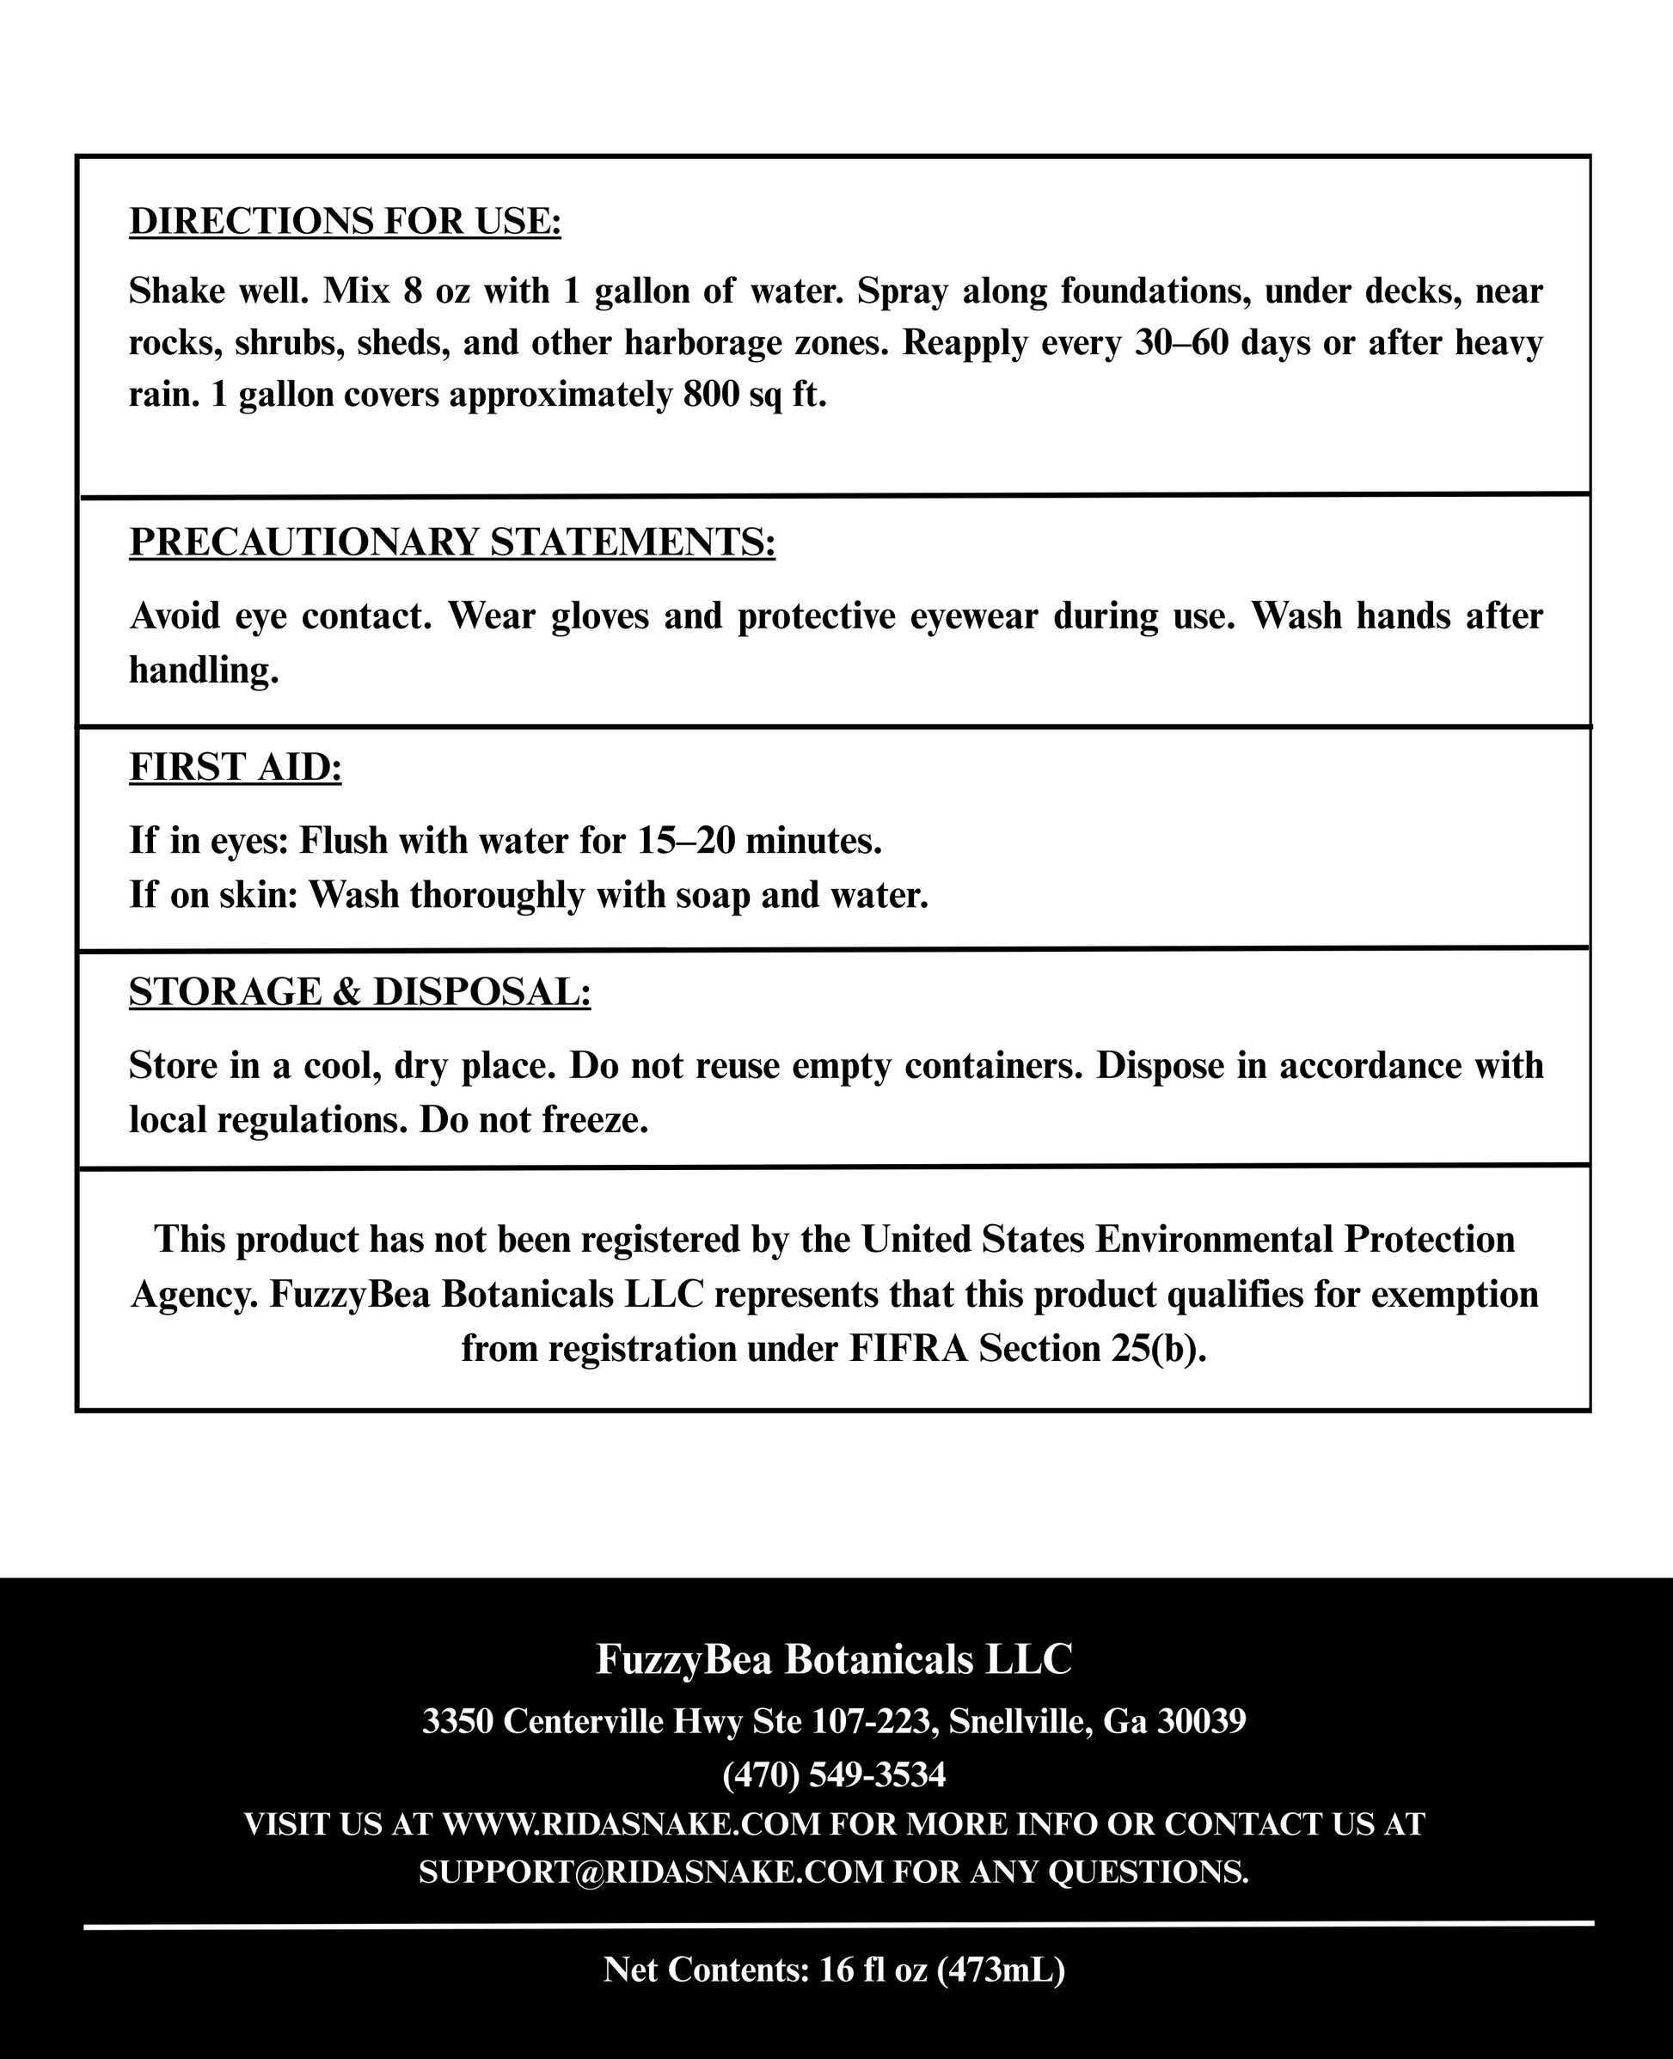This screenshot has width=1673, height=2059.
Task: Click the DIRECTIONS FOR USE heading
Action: pos(344,222)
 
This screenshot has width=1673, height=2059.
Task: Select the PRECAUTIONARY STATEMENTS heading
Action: pos(452,542)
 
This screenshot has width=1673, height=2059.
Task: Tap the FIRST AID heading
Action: pos(236,767)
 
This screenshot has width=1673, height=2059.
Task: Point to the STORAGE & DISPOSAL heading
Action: pos(359,992)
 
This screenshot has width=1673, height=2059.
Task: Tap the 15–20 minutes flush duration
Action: pos(759,841)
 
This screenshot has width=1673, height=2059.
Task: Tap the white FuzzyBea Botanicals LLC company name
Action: pos(834,1658)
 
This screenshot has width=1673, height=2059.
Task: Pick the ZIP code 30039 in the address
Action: pos(1201,1721)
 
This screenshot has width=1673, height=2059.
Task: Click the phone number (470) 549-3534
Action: pos(834,1774)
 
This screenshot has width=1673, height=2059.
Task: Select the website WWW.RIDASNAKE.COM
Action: pos(631,1825)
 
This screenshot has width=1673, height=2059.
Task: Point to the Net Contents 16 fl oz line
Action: pos(834,1970)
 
